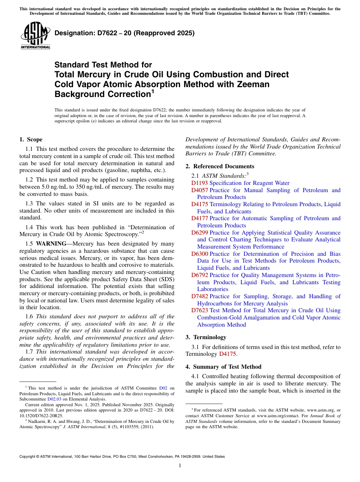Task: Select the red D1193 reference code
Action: (199, 183)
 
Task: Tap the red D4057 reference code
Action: (199, 190)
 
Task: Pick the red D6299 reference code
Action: (199, 233)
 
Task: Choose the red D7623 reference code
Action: (199, 310)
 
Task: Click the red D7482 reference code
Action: (199, 296)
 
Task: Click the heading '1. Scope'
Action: (31, 139)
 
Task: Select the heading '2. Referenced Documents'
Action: (220, 166)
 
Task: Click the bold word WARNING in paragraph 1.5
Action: (50, 244)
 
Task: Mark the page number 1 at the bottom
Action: (180, 466)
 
